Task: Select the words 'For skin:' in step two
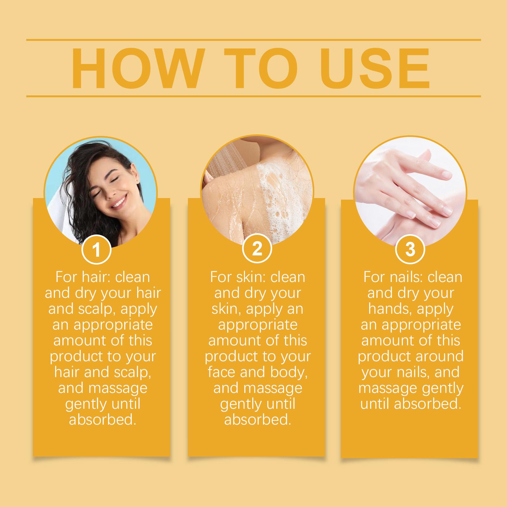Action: coord(238,277)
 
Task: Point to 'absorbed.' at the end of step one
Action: coord(103,420)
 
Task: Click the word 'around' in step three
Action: coord(433,356)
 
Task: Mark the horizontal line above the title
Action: coord(253,40)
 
